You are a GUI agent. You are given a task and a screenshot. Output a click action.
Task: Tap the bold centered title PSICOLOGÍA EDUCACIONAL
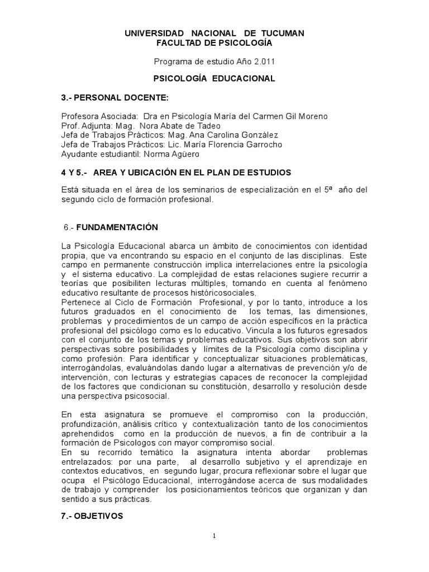coord(214,79)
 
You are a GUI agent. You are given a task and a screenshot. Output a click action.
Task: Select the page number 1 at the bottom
coord(214,537)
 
